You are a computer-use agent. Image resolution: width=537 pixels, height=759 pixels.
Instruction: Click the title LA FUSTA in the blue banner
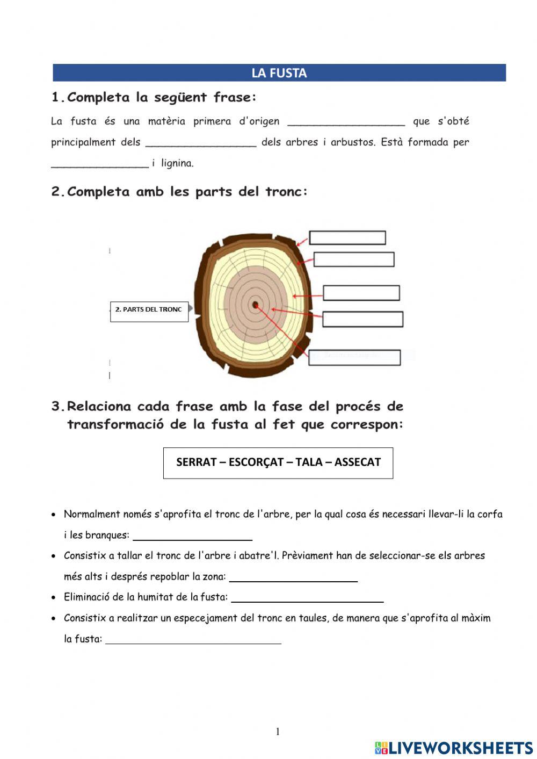click(x=279, y=73)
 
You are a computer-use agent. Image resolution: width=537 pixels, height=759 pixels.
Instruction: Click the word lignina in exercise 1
click(x=177, y=163)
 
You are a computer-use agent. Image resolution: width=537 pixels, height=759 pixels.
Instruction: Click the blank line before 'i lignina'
click(x=99, y=164)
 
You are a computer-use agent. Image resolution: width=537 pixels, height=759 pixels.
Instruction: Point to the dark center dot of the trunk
click(x=256, y=305)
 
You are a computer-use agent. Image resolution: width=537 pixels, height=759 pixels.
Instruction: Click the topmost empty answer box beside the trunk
click(x=347, y=237)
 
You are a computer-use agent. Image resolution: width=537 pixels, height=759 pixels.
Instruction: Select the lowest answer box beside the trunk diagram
click(x=354, y=357)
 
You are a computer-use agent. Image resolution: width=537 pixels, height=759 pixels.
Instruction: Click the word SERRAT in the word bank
click(x=196, y=462)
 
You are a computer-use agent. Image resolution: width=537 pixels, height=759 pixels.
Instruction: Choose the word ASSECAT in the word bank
click(x=357, y=462)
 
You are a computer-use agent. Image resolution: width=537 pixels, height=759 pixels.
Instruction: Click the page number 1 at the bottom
click(x=278, y=732)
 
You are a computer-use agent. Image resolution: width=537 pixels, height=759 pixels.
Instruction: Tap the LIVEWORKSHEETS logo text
click(x=460, y=748)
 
